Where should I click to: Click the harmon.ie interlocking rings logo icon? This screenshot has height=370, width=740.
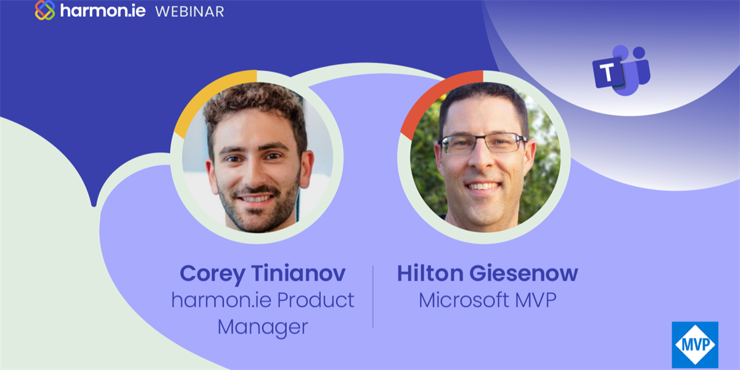coord(45,10)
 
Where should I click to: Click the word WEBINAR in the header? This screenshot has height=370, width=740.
coord(190,12)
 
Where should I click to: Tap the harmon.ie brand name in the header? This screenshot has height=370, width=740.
coord(103,10)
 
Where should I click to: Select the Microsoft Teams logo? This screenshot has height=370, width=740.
coord(622,70)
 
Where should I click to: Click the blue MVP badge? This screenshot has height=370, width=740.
coord(695,345)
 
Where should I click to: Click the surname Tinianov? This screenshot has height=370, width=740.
coord(298,273)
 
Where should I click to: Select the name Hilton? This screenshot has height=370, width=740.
coord(430,273)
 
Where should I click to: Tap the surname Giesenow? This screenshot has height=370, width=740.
coord(524,273)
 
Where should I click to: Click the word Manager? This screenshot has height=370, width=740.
coord(263,327)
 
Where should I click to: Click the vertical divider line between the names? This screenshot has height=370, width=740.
coord(373,297)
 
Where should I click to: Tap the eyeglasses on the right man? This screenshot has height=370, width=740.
coord(482,143)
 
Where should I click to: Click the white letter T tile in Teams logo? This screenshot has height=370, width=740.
coord(607,72)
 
